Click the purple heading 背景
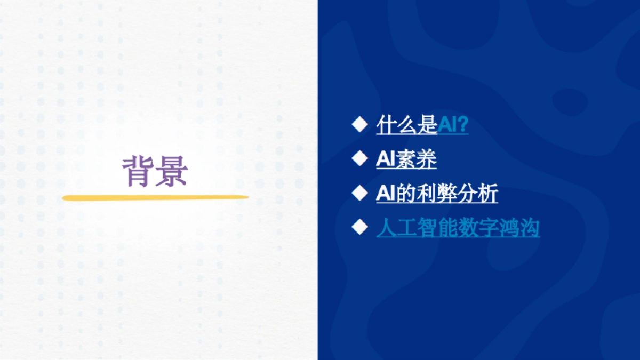pos(155,171)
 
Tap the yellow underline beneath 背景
pos(155,198)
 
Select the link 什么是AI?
pos(422,125)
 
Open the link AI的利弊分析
pos(437,193)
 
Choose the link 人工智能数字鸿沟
pos(458,228)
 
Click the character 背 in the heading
pos(138,171)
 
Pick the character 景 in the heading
pos(172,171)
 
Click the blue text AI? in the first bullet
pos(453,125)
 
